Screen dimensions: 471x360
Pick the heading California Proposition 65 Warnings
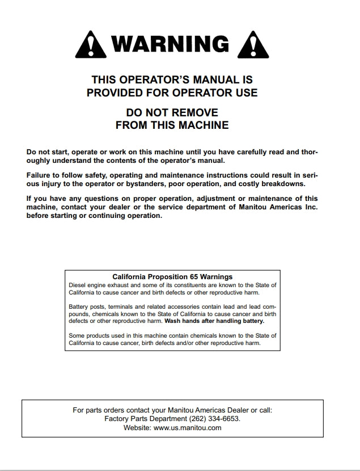172,276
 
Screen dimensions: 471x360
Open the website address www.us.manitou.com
188,428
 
